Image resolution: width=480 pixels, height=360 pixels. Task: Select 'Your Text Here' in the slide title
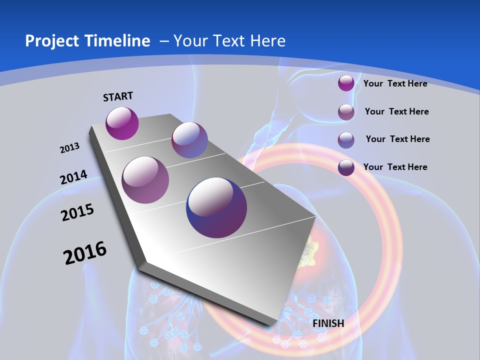[x=229, y=41]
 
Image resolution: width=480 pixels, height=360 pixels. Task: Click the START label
[x=118, y=96]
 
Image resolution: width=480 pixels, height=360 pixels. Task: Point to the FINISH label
[x=328, y=323]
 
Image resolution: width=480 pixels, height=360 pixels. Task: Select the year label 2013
[x=69, y=148]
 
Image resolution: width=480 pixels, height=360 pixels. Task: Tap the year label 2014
[x=73, y=177]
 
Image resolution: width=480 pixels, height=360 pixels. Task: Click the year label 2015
[x=77, y=212]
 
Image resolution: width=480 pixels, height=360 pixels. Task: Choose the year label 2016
[x=85, y=253]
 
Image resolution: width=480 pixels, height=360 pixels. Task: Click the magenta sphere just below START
[x=122, y=123]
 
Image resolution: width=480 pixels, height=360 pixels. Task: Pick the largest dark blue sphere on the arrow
[x=216, y=207]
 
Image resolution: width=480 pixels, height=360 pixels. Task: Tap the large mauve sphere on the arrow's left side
[x=145, y=180]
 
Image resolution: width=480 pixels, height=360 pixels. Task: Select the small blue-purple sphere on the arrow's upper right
[x=189, y=140]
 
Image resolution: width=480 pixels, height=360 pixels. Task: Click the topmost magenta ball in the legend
[x=346, y=83]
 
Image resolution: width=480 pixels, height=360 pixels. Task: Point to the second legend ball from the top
[x=346, y=112]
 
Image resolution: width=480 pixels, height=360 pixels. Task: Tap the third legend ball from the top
[x=346, y=140]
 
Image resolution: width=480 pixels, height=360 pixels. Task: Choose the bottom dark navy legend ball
[x=346, y=167]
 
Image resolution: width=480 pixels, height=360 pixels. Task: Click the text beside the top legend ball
[x=395, y=83]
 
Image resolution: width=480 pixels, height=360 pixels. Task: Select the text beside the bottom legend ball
[x=395, y=167]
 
